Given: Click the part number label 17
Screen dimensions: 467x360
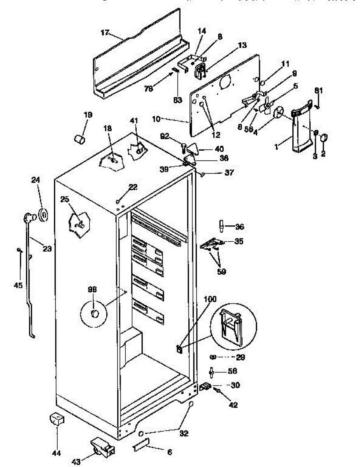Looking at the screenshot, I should (105, 33).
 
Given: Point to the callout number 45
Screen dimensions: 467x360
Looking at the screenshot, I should (18, 285).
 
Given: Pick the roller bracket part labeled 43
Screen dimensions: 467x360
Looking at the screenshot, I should (102, 448).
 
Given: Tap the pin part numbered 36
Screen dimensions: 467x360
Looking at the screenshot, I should (221, 226).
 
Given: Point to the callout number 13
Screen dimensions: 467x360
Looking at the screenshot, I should (242, 46).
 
